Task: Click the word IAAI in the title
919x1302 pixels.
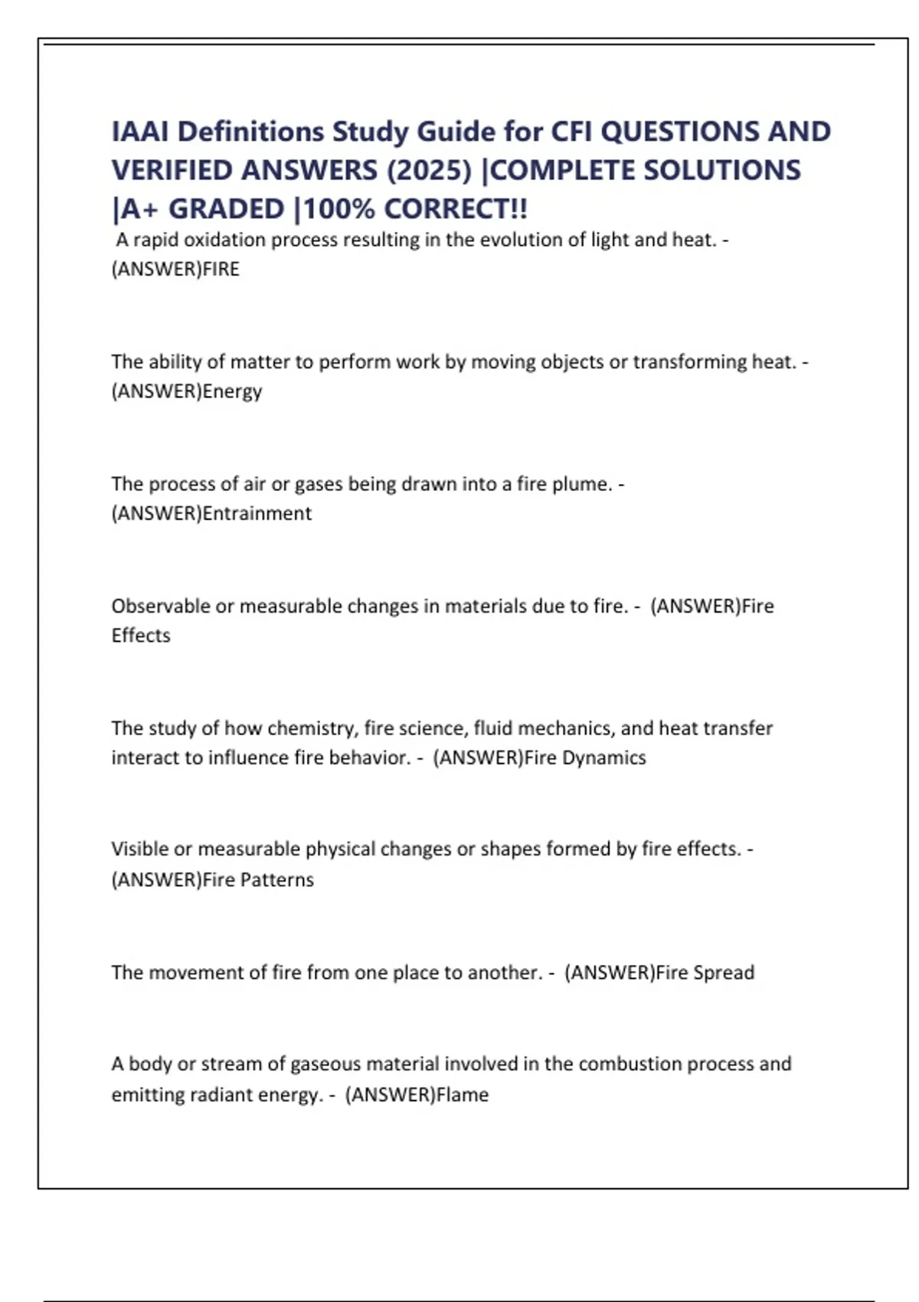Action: coord(140,132)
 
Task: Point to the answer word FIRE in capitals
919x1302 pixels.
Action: coord(221,270)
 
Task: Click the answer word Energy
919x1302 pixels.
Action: coord(232,391)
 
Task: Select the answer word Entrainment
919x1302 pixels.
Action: coord(257,513)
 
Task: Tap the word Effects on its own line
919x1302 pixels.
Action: coord(141,636)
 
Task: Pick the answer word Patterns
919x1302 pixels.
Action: coord(276,879)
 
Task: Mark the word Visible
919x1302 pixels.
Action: coord(139,849)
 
